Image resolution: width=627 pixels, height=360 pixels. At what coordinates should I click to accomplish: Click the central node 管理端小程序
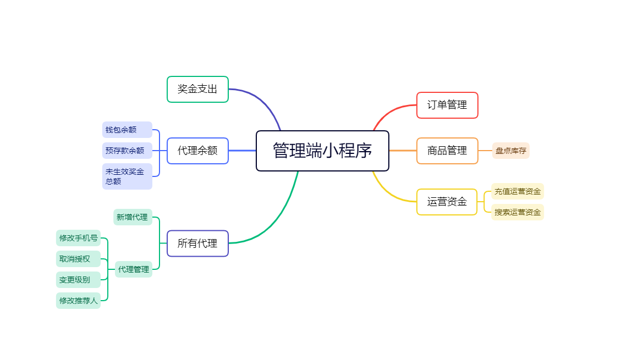click(x=322, y=151)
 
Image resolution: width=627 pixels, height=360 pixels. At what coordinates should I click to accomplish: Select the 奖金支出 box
click(x=197, y=89)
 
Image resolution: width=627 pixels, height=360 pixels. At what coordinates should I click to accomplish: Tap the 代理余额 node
click(x=197, y=151)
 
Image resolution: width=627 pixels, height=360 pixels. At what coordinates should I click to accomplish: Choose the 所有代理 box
click(x=197, y=243)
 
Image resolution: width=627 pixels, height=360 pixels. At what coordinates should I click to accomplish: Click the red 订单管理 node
click(x=447, y=105)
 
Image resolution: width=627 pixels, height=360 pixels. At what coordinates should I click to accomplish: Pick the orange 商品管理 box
click(x=447, y=151)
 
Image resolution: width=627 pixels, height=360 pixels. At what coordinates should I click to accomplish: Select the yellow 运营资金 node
click(x=447, y=202)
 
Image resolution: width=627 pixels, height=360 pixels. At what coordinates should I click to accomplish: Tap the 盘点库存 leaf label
click(x=510, y=151)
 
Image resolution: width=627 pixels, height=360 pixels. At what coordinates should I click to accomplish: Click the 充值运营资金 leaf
click(x=518, y=191)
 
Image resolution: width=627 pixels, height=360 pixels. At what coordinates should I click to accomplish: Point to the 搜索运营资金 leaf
click(x=518, y=212)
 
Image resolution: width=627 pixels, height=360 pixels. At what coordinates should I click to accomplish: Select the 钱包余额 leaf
click(x=127, y=130)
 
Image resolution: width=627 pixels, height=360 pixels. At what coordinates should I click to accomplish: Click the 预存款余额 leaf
click(x=127, y=151)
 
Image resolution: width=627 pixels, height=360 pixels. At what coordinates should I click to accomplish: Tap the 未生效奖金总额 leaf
click(x=127, y=176)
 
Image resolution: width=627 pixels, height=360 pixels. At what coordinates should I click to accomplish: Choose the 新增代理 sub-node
click(x=133, y=217)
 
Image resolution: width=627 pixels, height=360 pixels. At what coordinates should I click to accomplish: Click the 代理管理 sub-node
click(x=133, y=269)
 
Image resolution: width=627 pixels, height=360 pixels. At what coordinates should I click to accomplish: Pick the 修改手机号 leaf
click(x=78, y=238)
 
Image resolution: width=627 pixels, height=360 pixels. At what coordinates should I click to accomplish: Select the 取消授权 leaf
click(x=78, y=259)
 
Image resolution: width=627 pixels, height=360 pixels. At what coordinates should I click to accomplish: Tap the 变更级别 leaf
click(x=78, y=280)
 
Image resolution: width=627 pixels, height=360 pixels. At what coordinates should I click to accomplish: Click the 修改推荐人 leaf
click(x=78, y=301)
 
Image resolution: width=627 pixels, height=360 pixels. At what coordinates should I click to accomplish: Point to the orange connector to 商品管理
click(x=403, y=151)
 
